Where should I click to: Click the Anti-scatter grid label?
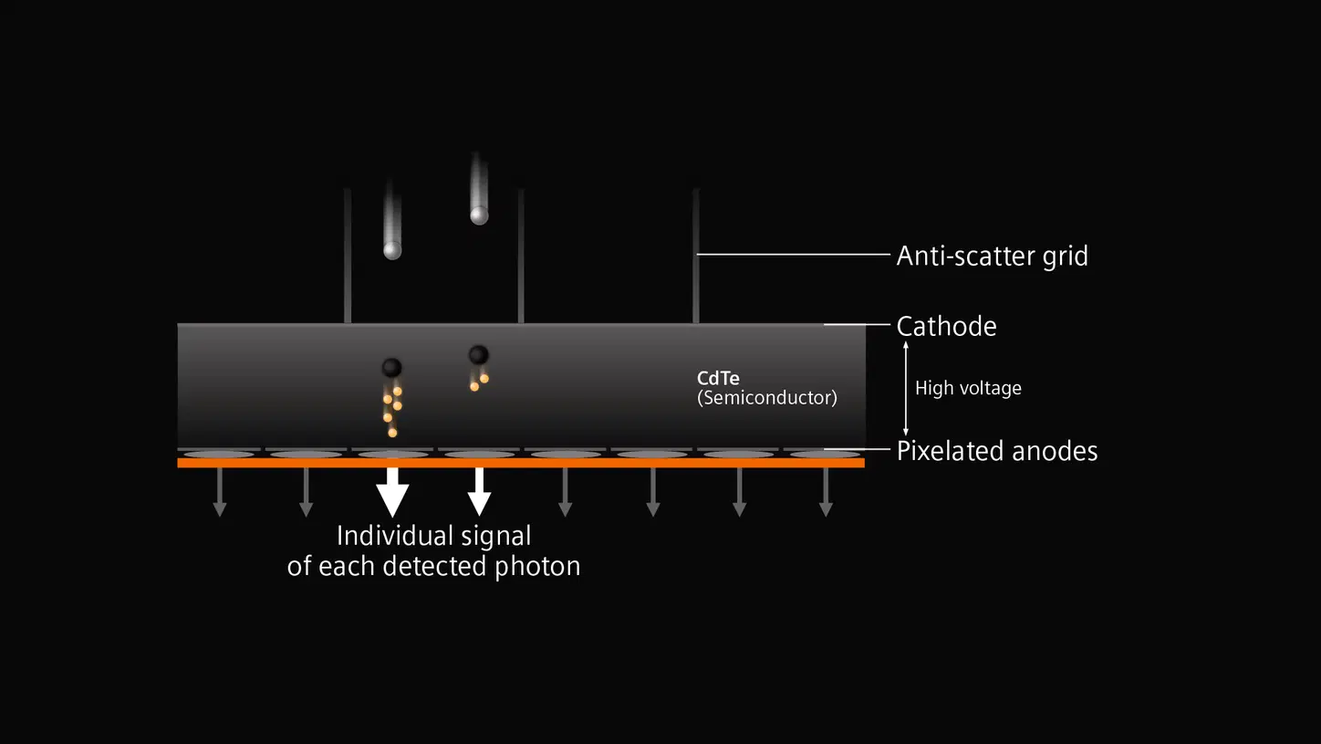(992, 256)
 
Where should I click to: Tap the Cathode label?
(946, 326)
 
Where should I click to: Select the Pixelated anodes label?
(996, 451)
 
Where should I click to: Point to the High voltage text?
(968, 388)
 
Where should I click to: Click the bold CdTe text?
(718, 379)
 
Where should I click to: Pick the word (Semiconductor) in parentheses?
(766, 397)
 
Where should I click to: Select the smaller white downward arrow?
(479, 493)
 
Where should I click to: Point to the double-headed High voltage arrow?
(905, 388)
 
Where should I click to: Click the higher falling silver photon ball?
(479, 215)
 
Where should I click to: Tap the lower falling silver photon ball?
(392, 249)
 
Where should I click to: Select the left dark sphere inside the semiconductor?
(391, 367)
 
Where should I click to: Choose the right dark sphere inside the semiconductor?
(478, 354)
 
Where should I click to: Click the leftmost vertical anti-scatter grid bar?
(348, 256)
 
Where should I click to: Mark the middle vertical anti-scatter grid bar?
(521, 256)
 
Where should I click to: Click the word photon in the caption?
(537, 566)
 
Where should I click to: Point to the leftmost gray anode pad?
(219, 454)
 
